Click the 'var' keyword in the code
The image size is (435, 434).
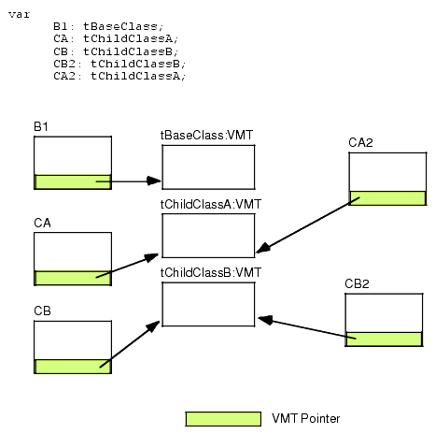(19, 15)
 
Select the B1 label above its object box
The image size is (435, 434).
(41, 126)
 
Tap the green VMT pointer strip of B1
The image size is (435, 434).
(73, 181)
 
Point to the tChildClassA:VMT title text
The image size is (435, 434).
(211, 204)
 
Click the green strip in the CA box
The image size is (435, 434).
(73, 278)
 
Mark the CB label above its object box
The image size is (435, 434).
(42, 311)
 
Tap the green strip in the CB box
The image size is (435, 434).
(73, 367)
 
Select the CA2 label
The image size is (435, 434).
(360, 142)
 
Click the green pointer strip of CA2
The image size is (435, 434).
(387, 198)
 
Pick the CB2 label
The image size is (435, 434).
(357, 283)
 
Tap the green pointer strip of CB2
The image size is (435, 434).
(384, 339)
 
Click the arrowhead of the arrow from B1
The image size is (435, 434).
(154, 181)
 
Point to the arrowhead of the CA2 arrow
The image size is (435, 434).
(263, 248)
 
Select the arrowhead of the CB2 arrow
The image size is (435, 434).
(265, 320)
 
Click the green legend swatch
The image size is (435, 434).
(223, 419)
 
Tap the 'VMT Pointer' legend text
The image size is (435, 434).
(306, 418)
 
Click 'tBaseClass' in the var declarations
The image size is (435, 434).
(120, 26)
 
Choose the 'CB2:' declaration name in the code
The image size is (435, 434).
(67, 64)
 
